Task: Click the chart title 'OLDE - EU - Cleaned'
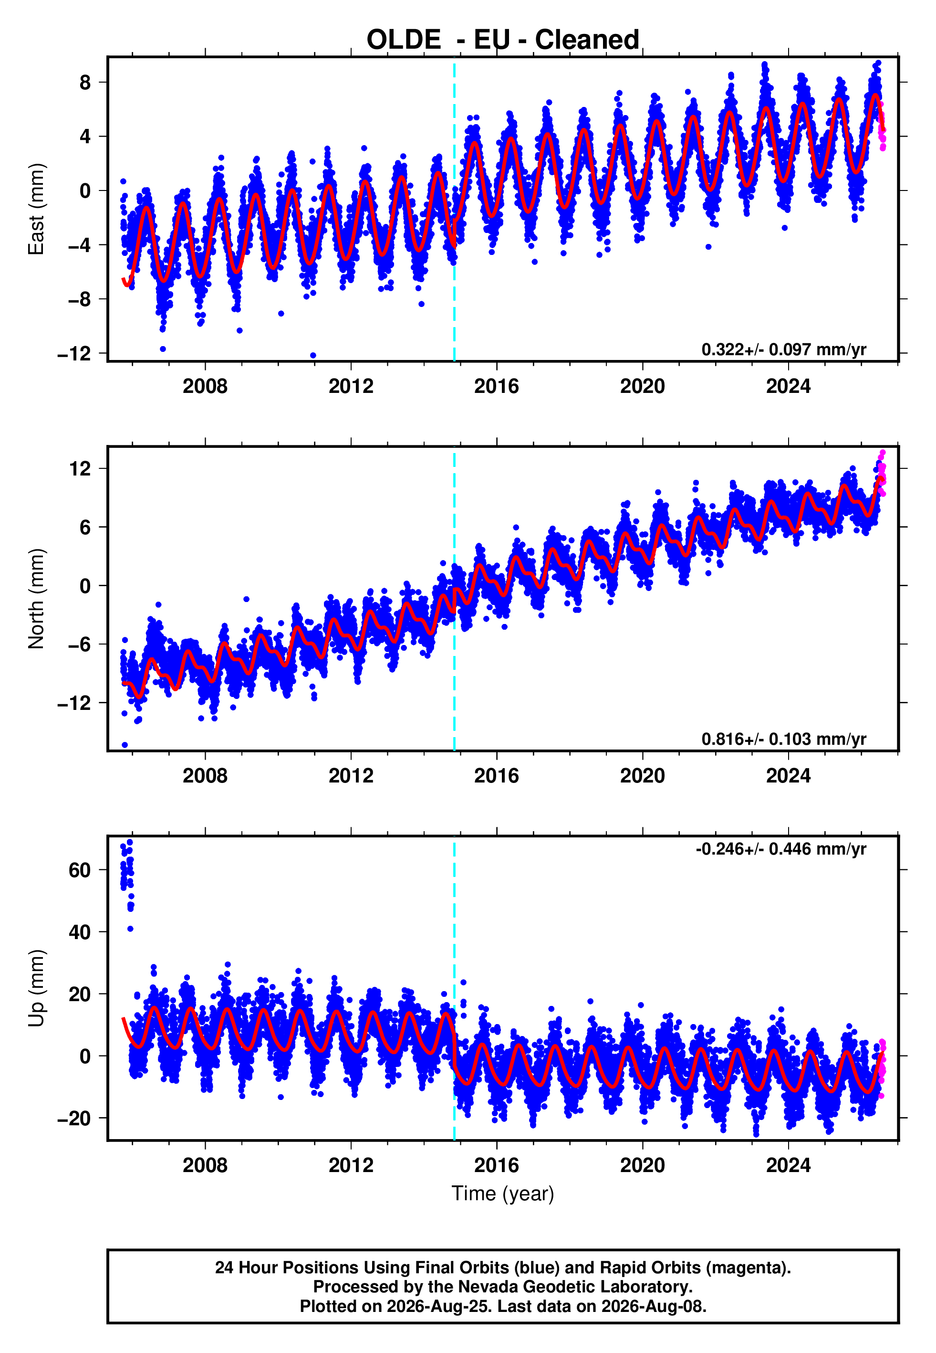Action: point(503,40)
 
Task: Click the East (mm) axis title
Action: point(36,209)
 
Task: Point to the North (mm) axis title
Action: point(36,599)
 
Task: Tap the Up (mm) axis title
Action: point(36,988)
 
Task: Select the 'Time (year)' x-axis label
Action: point(503,1194)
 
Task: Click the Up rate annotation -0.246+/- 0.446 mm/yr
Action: point(780,849)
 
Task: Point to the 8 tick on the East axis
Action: point(85,82)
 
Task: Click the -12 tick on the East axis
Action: point(74,354)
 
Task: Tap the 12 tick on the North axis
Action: point(80,469)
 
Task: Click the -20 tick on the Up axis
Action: point(74,1118)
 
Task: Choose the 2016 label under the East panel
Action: point(497,386)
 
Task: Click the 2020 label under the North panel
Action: point(642,776)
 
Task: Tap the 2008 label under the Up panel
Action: point(205,1165)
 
